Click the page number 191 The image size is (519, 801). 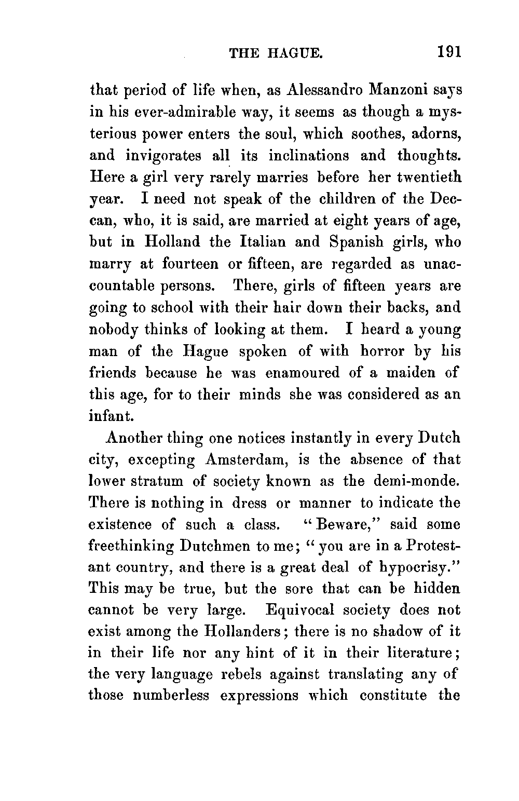pyautogui.click(x=449, y=52)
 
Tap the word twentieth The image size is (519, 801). pyautogui.click(x=429, y=177)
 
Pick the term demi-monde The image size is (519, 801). pyautogui.click(x=416, y=481)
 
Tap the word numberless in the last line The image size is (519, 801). pyautogui.click(x=171, y=695)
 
